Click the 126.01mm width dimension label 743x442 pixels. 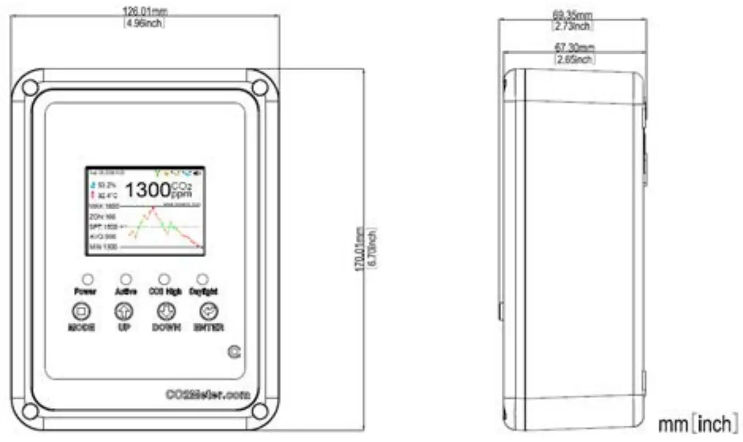[x=143, y=11]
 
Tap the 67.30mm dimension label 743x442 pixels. [x=574, y=47]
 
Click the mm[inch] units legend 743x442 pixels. [x=697, y=424]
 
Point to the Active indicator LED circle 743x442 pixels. [x=125, y=279]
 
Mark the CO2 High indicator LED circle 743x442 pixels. [x=165, y=279]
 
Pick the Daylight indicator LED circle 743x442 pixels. [x=203, y=279]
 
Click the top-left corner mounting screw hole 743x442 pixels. [x=30, y=88]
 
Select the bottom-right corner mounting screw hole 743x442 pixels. [x=259, y=411]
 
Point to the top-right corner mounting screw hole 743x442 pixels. [x=259, y=88]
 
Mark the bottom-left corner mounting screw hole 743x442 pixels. [x=30, y=411]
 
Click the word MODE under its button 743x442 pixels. [x=81, y=327]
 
